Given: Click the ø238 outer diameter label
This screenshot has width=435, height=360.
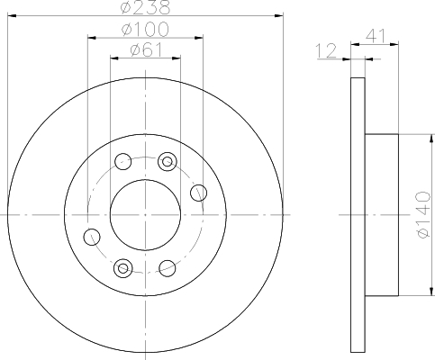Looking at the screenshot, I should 146,8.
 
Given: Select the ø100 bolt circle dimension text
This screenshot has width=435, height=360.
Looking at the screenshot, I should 146,30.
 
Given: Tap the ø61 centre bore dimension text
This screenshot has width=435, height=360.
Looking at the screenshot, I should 146,50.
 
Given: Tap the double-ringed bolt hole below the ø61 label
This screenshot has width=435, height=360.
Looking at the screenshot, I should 166,161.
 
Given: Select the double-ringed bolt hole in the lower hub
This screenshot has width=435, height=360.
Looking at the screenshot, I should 123,266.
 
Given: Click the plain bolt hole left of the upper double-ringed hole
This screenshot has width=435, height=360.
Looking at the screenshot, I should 123,162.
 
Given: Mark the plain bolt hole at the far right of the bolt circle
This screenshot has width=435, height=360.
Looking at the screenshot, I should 199,191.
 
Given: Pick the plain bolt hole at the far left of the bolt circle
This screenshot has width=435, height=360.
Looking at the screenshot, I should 90,237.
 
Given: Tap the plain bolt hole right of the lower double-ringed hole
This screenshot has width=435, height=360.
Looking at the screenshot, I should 166,266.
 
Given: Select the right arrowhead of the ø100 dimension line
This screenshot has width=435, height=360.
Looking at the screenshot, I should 196,38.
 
